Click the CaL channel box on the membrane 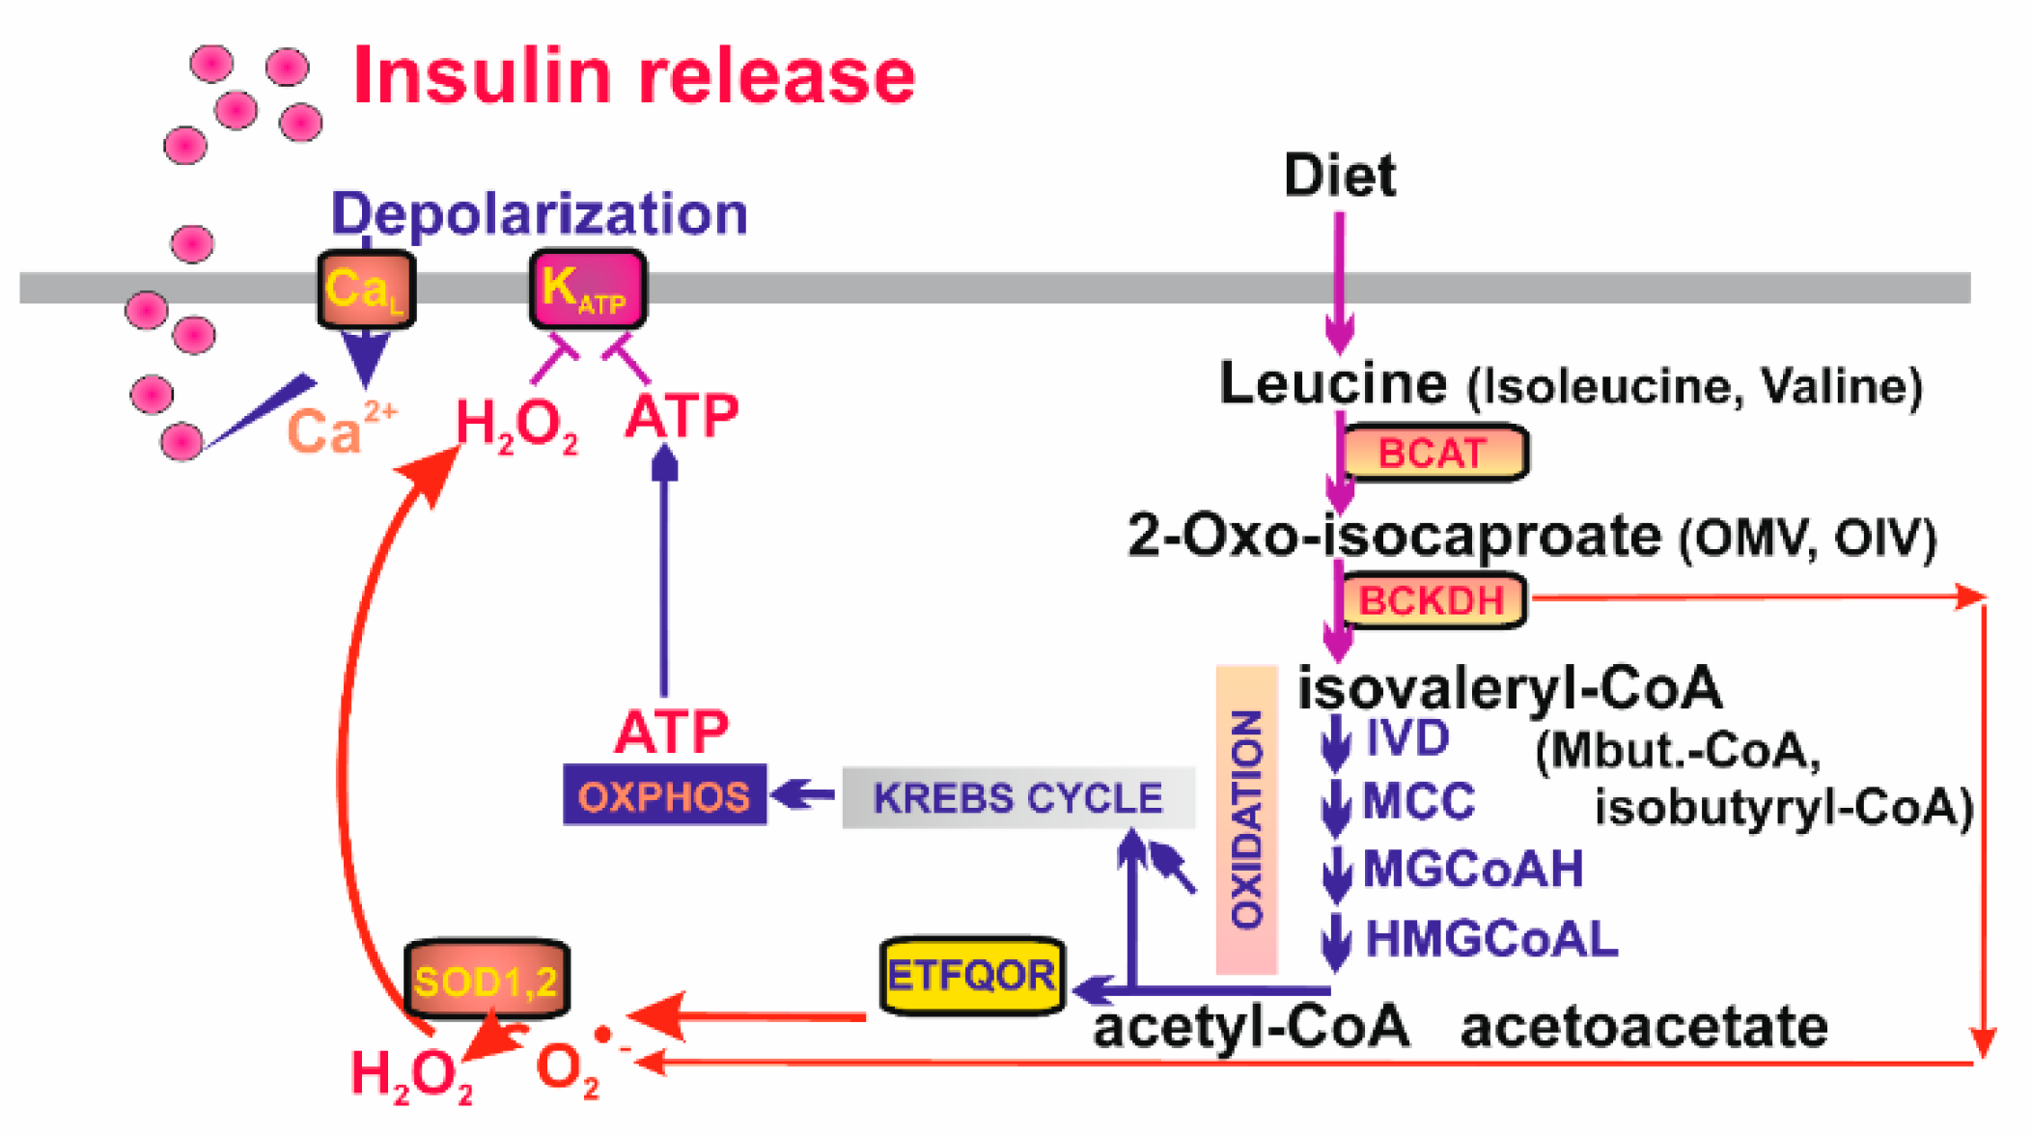pyautogui.click(x=366, y=289)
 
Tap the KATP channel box pyautogui.click(x=587, y=289)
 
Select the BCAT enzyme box pyautogui.click(x=1434, y=453)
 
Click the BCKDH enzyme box pyautogui.click(x=1433, y=600)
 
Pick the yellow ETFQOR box pyautogui.click(x=971, y=976)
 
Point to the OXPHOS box pyautogui.click(x=664, y=795)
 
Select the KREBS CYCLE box pyautogui.click(x=1017, y=798)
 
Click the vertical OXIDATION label pyautogui.click(x=1246, y=818)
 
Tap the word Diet pyautogui.click(x=1339, y=176)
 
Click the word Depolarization pyautogui.click(x=539, y=213)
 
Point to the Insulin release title pyautogui.click(x=634, y=75)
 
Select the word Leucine pyautogui.click(x=1333, y=383)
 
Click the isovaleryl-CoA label pyautogui.click(x=1509, y=688)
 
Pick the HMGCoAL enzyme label pyautogui.click(x=1491, y=938)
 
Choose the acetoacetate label pyautogui.click(x=1643, y=1027)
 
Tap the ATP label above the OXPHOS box pyautogui.click(x=672, y=732)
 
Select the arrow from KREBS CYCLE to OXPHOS pyautogui.click(x=804, y=794)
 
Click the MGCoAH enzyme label pyautogui.click(x=1472, y=869)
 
